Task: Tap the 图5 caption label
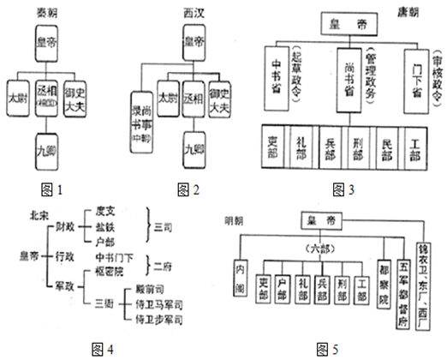(x=329, y=349)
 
